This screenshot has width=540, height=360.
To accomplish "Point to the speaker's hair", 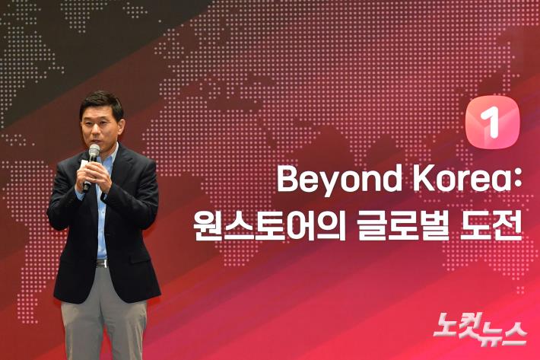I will [101, 100].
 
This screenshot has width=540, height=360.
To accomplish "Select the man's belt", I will [101, 263].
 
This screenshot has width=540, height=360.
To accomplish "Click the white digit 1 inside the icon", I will [492, 123].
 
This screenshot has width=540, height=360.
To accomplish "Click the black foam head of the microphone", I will [94, 151].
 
